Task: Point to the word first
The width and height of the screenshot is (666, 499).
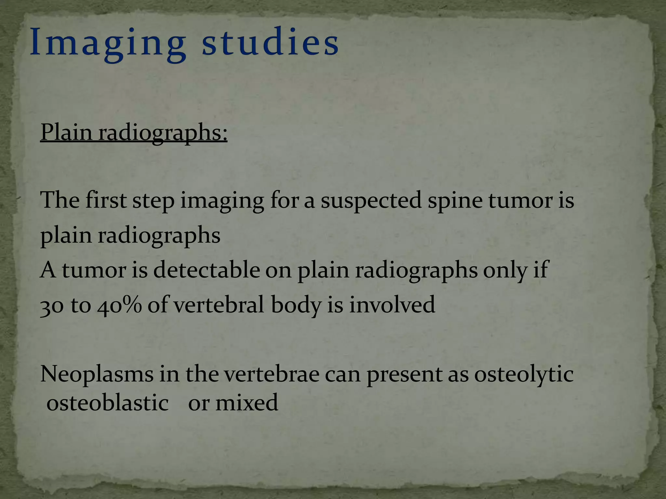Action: [x=106, y=200]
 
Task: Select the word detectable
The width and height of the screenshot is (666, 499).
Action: [x=206, y=270]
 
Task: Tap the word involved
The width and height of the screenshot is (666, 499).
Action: [x=392, y=305]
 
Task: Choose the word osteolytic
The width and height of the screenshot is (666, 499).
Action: [x=524, y=375]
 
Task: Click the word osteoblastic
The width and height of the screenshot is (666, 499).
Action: [x=108, y=403]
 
